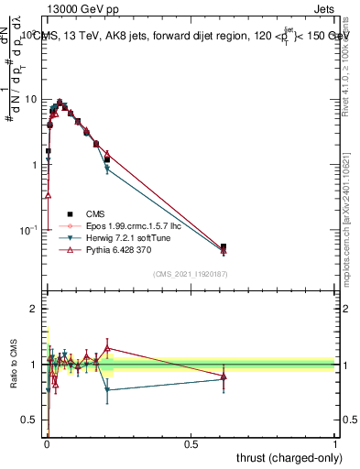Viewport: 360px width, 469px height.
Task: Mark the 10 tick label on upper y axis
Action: click(32, 99)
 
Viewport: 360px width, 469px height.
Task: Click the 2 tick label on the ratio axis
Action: click(36, 310)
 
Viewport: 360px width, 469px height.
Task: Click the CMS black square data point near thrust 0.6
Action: click(224, 246)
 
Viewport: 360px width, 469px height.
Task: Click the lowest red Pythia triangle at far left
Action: click(48, 195)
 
